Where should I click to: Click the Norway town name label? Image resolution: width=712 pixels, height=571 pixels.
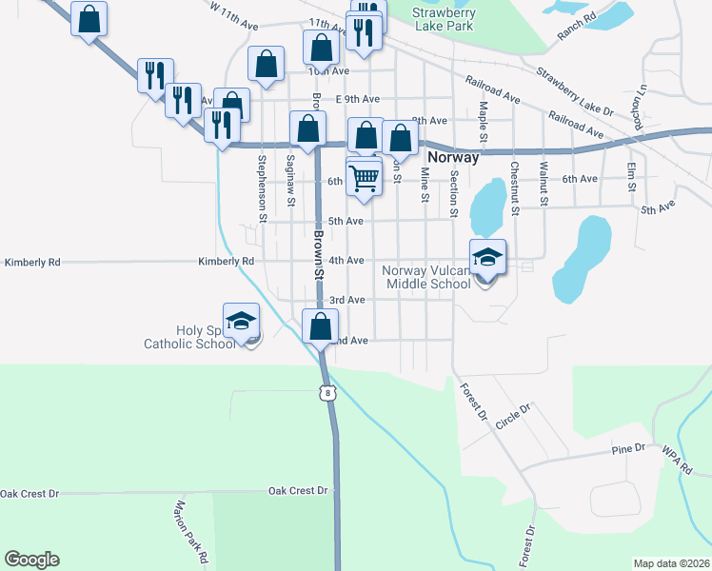453,157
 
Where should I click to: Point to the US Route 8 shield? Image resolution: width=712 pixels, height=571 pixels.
328,391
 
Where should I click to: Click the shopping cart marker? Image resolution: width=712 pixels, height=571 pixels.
365,177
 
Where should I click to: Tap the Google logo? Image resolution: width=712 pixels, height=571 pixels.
31,560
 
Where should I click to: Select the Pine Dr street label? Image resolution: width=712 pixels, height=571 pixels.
628,447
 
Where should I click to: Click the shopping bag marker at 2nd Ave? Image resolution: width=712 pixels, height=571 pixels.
321,325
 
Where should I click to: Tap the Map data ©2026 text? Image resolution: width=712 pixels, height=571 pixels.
670,563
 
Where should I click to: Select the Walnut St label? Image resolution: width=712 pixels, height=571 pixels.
544,183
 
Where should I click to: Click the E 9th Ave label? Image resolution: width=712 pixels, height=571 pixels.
358,99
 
